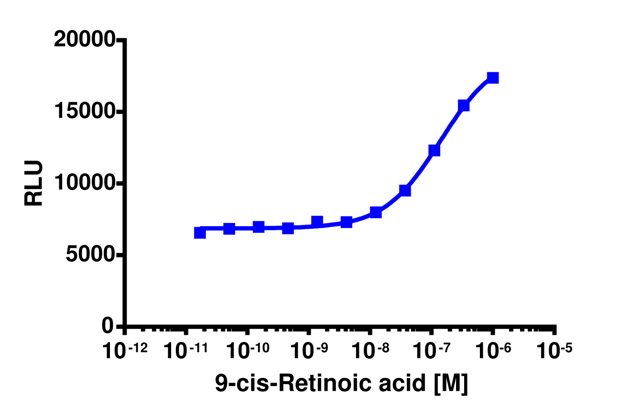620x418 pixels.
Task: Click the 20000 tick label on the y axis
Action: (84, 40)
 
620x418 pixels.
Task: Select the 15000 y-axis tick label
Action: (84, 112)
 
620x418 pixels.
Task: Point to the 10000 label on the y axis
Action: (84, 183)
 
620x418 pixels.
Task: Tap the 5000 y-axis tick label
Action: (90, 254)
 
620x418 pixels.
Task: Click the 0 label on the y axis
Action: (109, 326)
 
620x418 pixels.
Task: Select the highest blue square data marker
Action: (493, 77)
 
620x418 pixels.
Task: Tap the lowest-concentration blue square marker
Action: (200, 233)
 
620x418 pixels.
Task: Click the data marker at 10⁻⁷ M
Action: (434, 150)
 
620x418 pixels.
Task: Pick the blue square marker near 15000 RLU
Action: (463, 105)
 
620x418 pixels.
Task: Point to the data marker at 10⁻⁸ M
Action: (376, 212)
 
